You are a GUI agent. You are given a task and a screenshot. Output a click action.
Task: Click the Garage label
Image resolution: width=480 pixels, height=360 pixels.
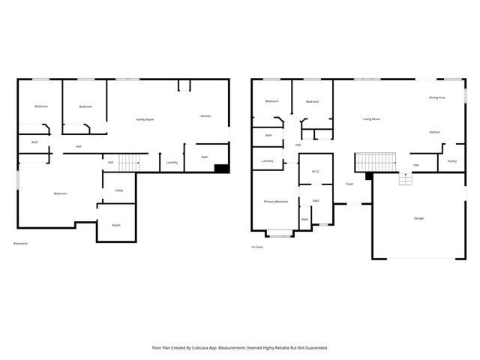pyautogui.click(x=418, y=218)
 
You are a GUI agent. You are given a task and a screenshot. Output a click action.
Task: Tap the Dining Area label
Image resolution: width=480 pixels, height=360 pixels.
pyautogui.click(x=437, y=97)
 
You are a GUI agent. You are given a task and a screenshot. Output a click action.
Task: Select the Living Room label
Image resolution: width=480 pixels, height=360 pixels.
pyautogui.click(x=372, y=119)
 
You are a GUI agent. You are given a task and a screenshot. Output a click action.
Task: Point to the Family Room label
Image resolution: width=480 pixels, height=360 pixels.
pyautogui.click(x=145, y=119)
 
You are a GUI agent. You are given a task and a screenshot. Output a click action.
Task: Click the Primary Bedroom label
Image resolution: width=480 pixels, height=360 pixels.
pyautogui.click(x=276, y=202)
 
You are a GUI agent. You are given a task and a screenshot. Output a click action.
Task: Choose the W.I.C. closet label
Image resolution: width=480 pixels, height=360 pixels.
pyautogui.click(x=316, y=172)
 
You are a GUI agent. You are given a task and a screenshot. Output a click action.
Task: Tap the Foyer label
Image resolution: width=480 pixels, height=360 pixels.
pyautogui.click(x=349, y=184)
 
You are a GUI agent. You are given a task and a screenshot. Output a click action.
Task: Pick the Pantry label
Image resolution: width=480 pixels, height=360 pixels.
pyautogui.click(x=452, y=161)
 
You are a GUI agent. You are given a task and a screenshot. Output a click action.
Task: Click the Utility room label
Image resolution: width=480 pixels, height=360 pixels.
pyautogui.click(x=118, y=190)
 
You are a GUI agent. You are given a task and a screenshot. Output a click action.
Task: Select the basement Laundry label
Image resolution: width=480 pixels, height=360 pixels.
pyautogui.click(x=171, y=162)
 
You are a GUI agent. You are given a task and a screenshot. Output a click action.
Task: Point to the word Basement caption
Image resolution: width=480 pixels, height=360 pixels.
pyautogui.click(x=21, y=243)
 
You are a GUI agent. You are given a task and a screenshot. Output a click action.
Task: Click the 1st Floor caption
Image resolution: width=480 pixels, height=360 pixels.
pyautogui.click(x=257, y=247)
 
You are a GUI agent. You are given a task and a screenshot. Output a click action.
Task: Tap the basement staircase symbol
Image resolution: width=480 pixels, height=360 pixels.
pyautogui.click(x=130, y=161)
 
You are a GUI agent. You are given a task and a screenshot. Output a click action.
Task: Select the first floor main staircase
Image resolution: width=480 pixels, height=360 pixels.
pyautogui.click(x=375, y=161)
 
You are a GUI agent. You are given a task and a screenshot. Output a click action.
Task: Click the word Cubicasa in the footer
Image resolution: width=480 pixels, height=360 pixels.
pyautogui.click(x=204, y=348)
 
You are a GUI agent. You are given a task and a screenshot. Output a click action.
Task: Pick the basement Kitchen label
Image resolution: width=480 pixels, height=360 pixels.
pyautogui.click(x=205, y=115)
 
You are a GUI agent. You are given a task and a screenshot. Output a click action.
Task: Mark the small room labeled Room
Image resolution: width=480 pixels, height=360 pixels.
pyautogui.click(x=116, y=225)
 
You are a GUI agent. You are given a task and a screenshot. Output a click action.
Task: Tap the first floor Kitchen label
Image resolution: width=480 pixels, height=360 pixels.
pyautogui.click(x=435, y=132)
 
